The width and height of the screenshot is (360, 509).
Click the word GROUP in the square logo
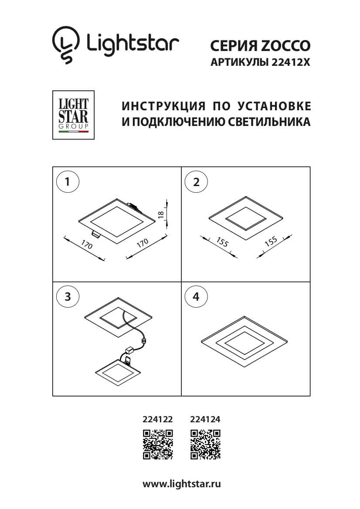73,126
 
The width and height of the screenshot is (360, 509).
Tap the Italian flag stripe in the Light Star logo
73,131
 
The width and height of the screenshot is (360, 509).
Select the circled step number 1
68,182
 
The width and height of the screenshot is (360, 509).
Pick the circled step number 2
196,182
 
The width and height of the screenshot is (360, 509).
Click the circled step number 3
68,297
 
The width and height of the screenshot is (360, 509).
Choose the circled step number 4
196,297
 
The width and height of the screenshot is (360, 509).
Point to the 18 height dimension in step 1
161,214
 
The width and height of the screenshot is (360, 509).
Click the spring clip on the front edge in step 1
96,234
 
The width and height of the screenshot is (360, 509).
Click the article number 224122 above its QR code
158,420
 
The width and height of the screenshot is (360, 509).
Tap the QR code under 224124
205,444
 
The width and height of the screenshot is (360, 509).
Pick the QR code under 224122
158,444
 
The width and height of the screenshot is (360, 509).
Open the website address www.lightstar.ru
182,484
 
